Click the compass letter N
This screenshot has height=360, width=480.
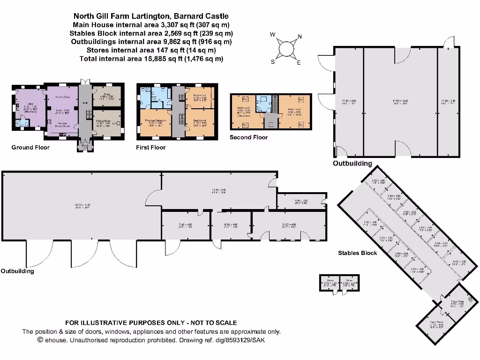(300, 37)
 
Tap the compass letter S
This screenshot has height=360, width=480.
(272, 61)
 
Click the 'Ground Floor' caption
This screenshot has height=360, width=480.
(30, 147)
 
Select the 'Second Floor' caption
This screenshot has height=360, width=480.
(248, 137)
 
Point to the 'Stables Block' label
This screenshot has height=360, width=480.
(358, 253)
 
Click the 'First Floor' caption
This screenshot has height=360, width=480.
(151, 147)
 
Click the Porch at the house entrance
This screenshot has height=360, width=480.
(85, 146)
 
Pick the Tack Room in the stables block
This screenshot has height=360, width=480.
(436, 323)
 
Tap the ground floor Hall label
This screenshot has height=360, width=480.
(85, 103)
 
